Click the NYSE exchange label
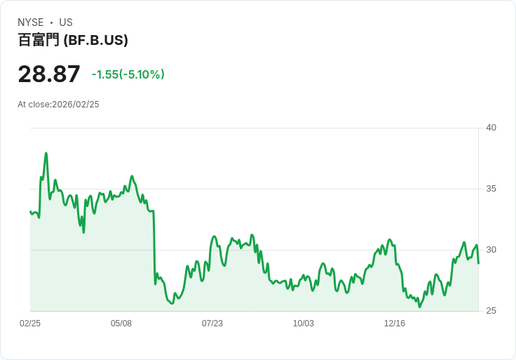(x=30, y=22)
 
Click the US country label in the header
(x=66, y=22)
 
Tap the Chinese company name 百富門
(x=39, y=40)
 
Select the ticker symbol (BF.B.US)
(x=96, y=40)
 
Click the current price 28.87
(x=49, y=74)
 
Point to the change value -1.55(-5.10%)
(x=128, y=74)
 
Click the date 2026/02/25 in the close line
(x=76, y=105)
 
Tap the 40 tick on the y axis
(x=491, y=128)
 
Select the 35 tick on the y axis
(x=491, y=189)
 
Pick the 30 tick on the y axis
(x=491, y=250)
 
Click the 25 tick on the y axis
(x=491, y=311)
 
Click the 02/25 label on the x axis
(x=30, y=324)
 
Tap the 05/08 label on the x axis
(x=121, y=324)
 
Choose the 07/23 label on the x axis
(x=212, y=324)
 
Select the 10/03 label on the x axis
(x=304, y=324)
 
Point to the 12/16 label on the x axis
(x=395, y=324)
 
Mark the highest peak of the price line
(x=46, y=153)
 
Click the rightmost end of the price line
(x=478, y=263)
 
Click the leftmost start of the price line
(x=30, y=211)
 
